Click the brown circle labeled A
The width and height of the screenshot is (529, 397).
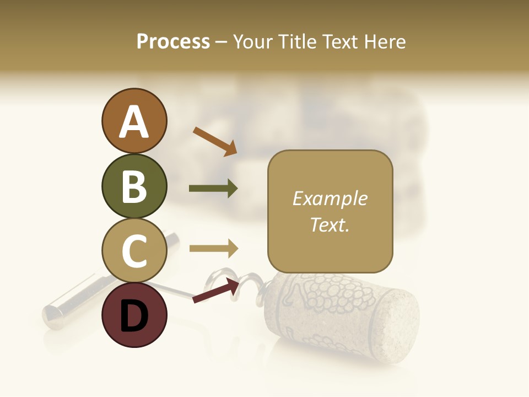point(134,121)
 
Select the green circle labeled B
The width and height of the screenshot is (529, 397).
point(134,186)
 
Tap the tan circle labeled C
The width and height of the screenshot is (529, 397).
point(134,250)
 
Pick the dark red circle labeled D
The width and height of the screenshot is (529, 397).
point(134,315)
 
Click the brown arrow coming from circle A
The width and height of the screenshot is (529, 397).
point(214,141)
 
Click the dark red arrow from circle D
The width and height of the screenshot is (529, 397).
point(215,291)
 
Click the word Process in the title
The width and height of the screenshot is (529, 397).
point(173,41)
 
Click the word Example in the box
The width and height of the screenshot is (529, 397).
point(330,198)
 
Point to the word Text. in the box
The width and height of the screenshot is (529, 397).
point(330,225)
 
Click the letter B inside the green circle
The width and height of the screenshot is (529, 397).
point(134,186)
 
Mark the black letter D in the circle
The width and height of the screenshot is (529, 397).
point(134,316)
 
